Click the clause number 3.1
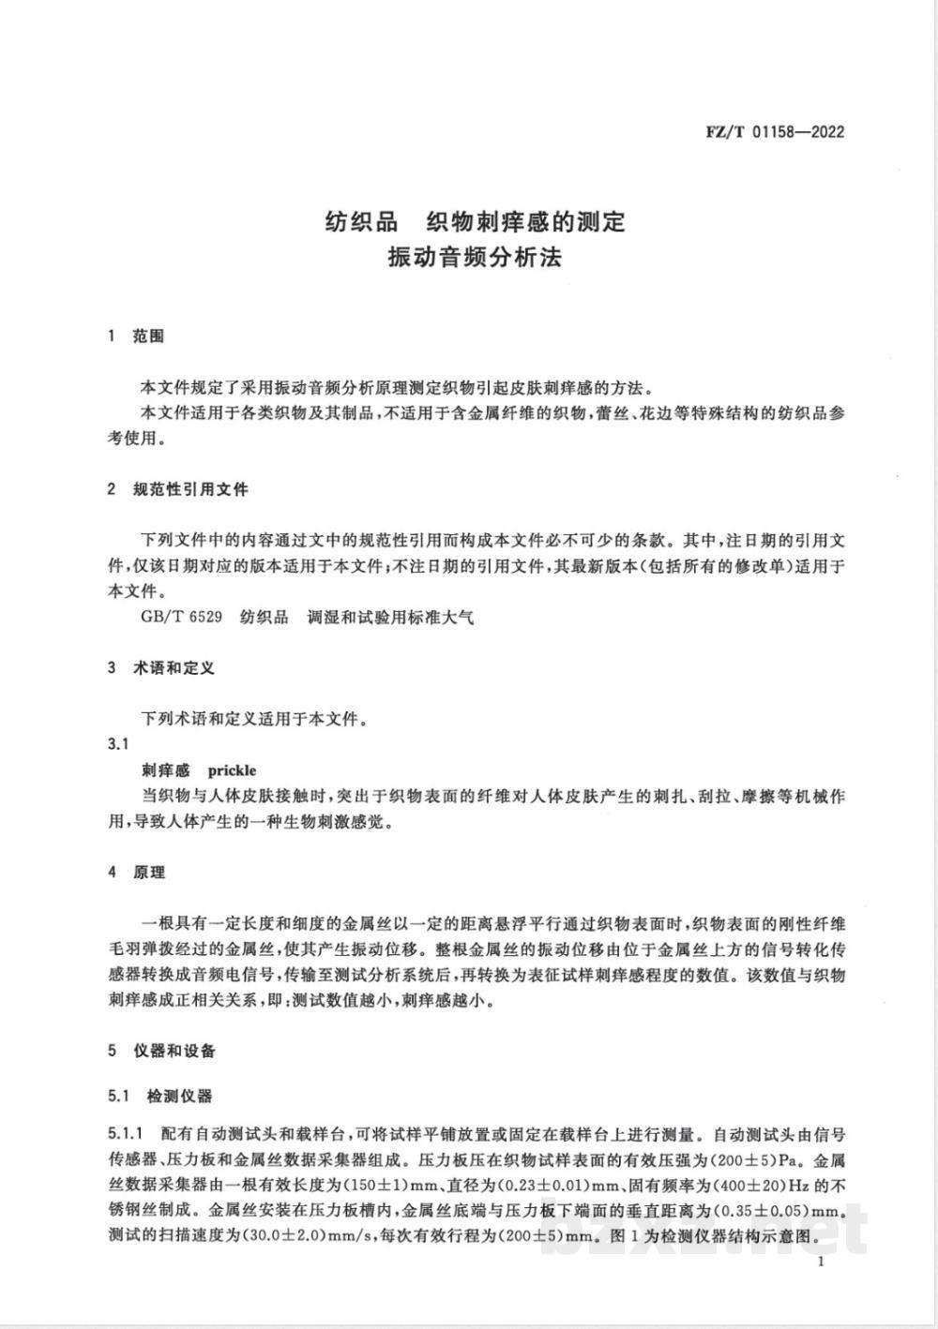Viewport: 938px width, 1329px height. pos(117,744)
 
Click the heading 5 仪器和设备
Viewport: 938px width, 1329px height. pos(161,1051)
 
